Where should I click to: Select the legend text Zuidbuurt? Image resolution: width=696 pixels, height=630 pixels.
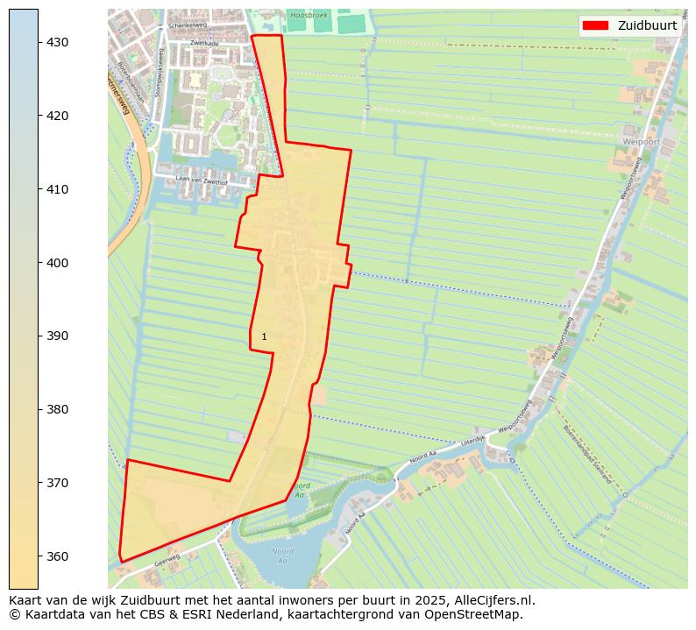pyautogui.click(x=647, y=25)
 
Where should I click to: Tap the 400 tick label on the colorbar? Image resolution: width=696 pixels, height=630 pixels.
pyautogui.click(x=57, y=263)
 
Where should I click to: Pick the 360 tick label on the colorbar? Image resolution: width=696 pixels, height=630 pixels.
pyautogui.click(x=57, y=556)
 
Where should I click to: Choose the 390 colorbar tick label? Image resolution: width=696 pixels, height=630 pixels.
pyautogui.click(x=57, y=336)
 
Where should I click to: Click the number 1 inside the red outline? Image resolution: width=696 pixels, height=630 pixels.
pyautogui.click(x=264, y=336)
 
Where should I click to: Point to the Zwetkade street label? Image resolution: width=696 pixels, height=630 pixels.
pyautogui.click(x=203, y=42)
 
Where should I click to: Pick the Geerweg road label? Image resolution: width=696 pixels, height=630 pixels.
pyautogui.click(x=167, y=557)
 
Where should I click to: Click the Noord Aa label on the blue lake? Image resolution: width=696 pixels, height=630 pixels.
pyautogui.click(x=281, y=556)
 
